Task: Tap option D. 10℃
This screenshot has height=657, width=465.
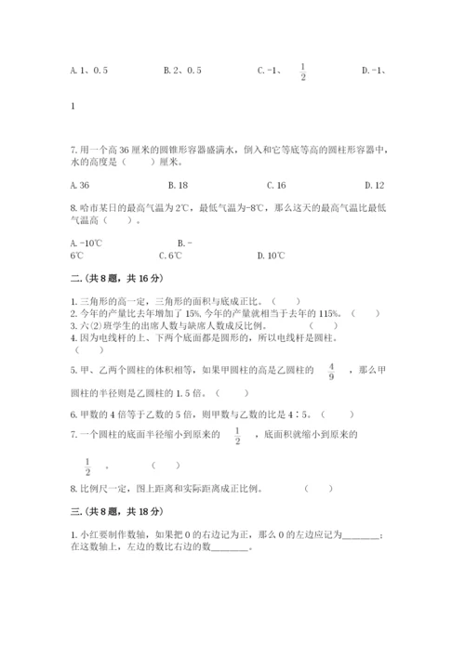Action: point(272,256)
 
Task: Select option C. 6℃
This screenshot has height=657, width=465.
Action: point(169,256)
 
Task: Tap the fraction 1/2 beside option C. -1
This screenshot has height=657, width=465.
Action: point(303,71)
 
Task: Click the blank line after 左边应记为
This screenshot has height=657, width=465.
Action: point(362,535)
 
